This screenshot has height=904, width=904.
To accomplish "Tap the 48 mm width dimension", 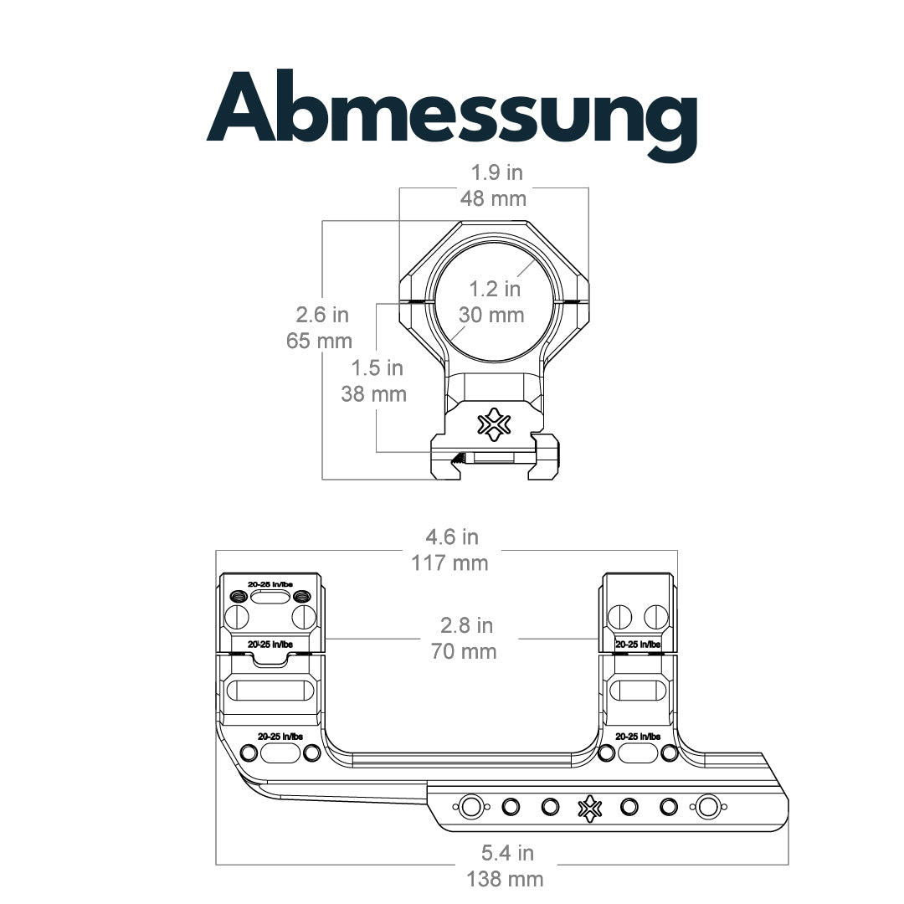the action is (x=494, y=199).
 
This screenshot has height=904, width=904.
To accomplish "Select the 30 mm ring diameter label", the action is (x=492, y=315).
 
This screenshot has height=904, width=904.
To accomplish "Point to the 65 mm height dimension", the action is (x=320, y=341).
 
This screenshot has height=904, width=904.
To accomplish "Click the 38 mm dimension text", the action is (x=373, y=394).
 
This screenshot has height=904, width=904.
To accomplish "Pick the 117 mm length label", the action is (x=449, y=562).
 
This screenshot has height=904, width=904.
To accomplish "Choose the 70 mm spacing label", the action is (x=464, y=651).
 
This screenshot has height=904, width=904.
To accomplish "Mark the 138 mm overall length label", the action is (x=505, y=879).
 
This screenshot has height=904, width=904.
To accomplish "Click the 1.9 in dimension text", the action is (x=497, y=172).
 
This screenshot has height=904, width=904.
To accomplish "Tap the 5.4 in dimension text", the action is (x=508, y=853).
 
